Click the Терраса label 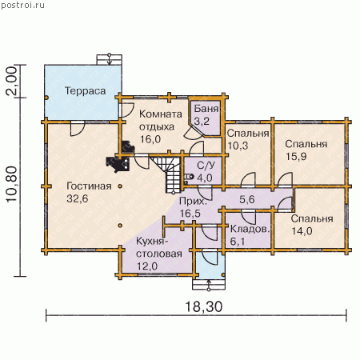(x=86, y=91)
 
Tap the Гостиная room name (x=89, y=186)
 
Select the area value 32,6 (x=78, y=198)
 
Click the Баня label (x=206, y=109)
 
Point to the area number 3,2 (x=202, y=122)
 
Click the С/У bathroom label (x=206, y=166)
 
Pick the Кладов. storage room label (x=250, y=229)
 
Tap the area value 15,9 (x=296, y=156)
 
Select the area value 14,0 (x=302, y=231)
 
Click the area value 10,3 (x=238, y=146)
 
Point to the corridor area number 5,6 (x=247, y=199)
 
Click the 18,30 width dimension (x=203, y=306)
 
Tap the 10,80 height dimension (x=12, y=185)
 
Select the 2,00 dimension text (x=11, y=81)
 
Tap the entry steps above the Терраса (x=110, y=60)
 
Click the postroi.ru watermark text (x=23, y=5)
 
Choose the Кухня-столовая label (x=159, y=254)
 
